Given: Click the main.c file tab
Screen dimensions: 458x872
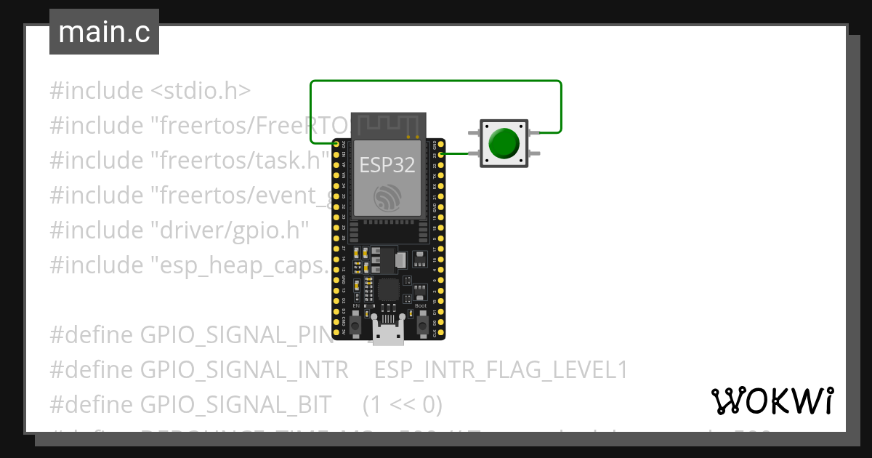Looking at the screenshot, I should coord(104,33).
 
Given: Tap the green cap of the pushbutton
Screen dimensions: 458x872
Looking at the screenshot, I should coord(504,143).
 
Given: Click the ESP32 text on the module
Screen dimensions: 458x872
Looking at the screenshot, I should coord(387,165).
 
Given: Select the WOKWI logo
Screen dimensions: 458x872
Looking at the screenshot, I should coord(772,401).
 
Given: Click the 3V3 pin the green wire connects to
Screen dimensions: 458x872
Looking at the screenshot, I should coord(336,144).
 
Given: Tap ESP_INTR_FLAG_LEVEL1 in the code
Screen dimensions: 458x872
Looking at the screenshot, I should coord(501,370).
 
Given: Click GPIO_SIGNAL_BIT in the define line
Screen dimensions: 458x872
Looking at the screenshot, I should coord(235,403).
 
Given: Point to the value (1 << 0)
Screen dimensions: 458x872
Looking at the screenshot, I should coord(402,403).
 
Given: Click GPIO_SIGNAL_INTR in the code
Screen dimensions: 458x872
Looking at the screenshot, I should coord(244,370).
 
